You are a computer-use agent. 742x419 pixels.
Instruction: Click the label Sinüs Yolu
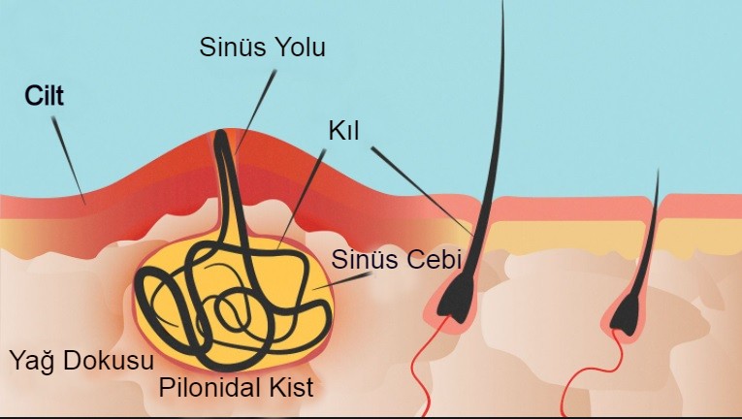[262, 48]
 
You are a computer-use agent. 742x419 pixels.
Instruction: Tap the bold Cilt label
[44, 96]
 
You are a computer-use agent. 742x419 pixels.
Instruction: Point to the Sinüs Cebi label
[396, 259]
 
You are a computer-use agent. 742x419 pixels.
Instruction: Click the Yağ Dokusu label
[81, 361]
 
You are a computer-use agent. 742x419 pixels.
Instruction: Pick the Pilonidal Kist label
[236, 387]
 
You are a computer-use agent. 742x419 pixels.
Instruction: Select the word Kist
[292, 387]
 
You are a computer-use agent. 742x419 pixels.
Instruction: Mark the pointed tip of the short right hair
[659, 170]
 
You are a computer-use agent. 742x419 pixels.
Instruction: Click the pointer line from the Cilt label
[69, 160]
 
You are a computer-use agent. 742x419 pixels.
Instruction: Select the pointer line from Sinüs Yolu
[254, 112]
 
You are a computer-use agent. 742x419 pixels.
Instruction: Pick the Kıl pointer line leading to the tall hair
[422, 191]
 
